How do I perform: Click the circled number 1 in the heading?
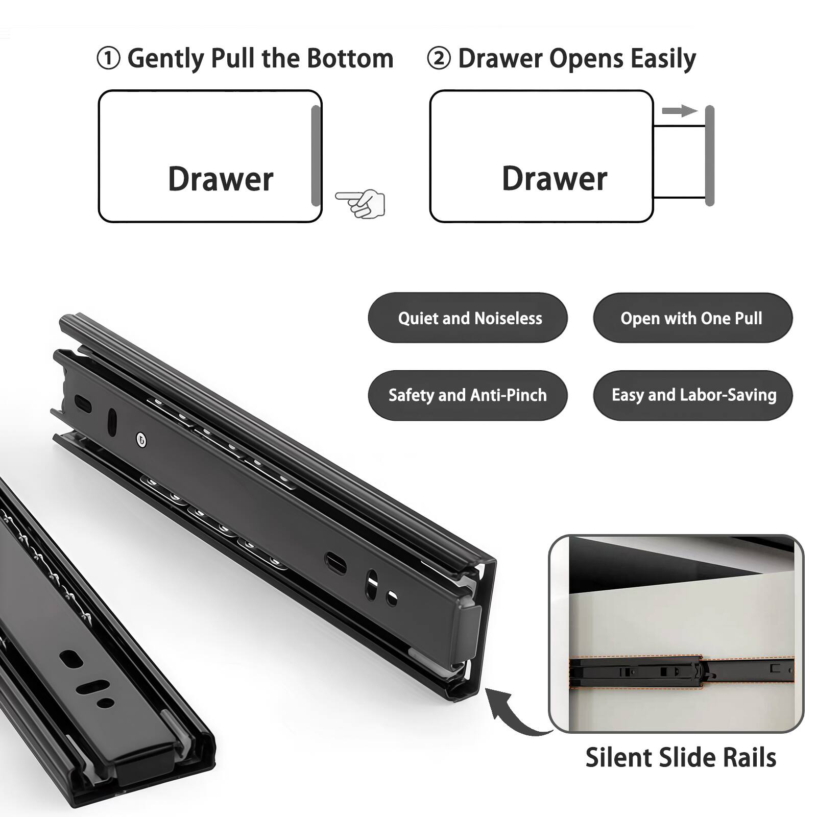click(108, 58)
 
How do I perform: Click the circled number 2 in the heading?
click(439, 58)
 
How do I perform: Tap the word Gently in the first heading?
click(166, 59)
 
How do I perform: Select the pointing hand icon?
click(362, 203)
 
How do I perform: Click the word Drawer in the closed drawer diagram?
click(221, 179)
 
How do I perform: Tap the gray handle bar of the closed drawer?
click(316, 156)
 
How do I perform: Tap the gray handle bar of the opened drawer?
click(709, 156)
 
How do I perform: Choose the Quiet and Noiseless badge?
click(467, 318)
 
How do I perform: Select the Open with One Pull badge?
click(692, 318)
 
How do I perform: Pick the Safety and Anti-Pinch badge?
click(467, 395)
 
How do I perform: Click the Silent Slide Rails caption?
click(680, 757)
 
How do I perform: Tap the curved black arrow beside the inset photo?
click(513, 713)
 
